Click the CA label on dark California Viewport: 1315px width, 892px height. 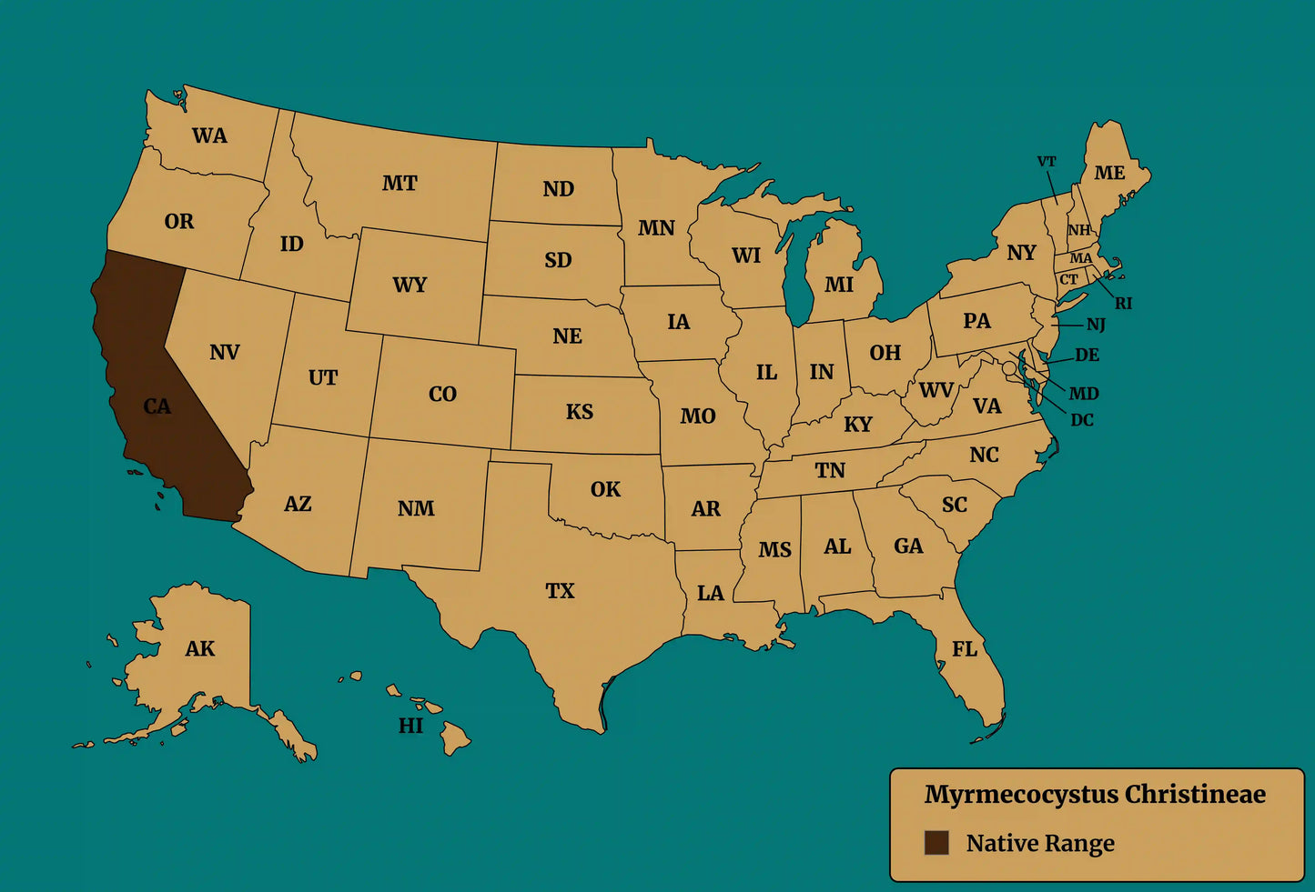(x=157, y=406)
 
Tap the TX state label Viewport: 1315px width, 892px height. (x=560, y=591)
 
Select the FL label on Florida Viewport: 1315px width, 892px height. (x=965, y=649)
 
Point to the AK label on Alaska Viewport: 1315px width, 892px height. (x=200, y=649)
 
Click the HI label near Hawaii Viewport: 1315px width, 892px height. (x=410, y=726)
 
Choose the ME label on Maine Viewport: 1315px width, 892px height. (x=1109, y=173)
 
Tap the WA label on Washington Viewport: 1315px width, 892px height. (x=209, y=136)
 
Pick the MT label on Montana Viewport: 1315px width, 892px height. (x=400, y=184)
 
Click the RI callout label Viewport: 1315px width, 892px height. (x=1124, y=304)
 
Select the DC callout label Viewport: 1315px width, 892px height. (x=1082, y=420)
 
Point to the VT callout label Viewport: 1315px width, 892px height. (x=1047, y=162)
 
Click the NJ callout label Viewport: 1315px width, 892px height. (x=1096, y=325)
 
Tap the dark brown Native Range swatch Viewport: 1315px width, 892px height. (x=936, y=843)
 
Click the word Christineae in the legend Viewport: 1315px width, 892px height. (x=1195, y=795)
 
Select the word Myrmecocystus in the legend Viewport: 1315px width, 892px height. (x=1021, y=795)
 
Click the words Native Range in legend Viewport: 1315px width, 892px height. (x=1040, y=844)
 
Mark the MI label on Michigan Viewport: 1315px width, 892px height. (x=839, y=286)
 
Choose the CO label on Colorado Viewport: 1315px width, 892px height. (x=442, y=395)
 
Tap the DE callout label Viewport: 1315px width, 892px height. (x=1087, y=356)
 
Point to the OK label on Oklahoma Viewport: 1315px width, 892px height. (x=605, y=490)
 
